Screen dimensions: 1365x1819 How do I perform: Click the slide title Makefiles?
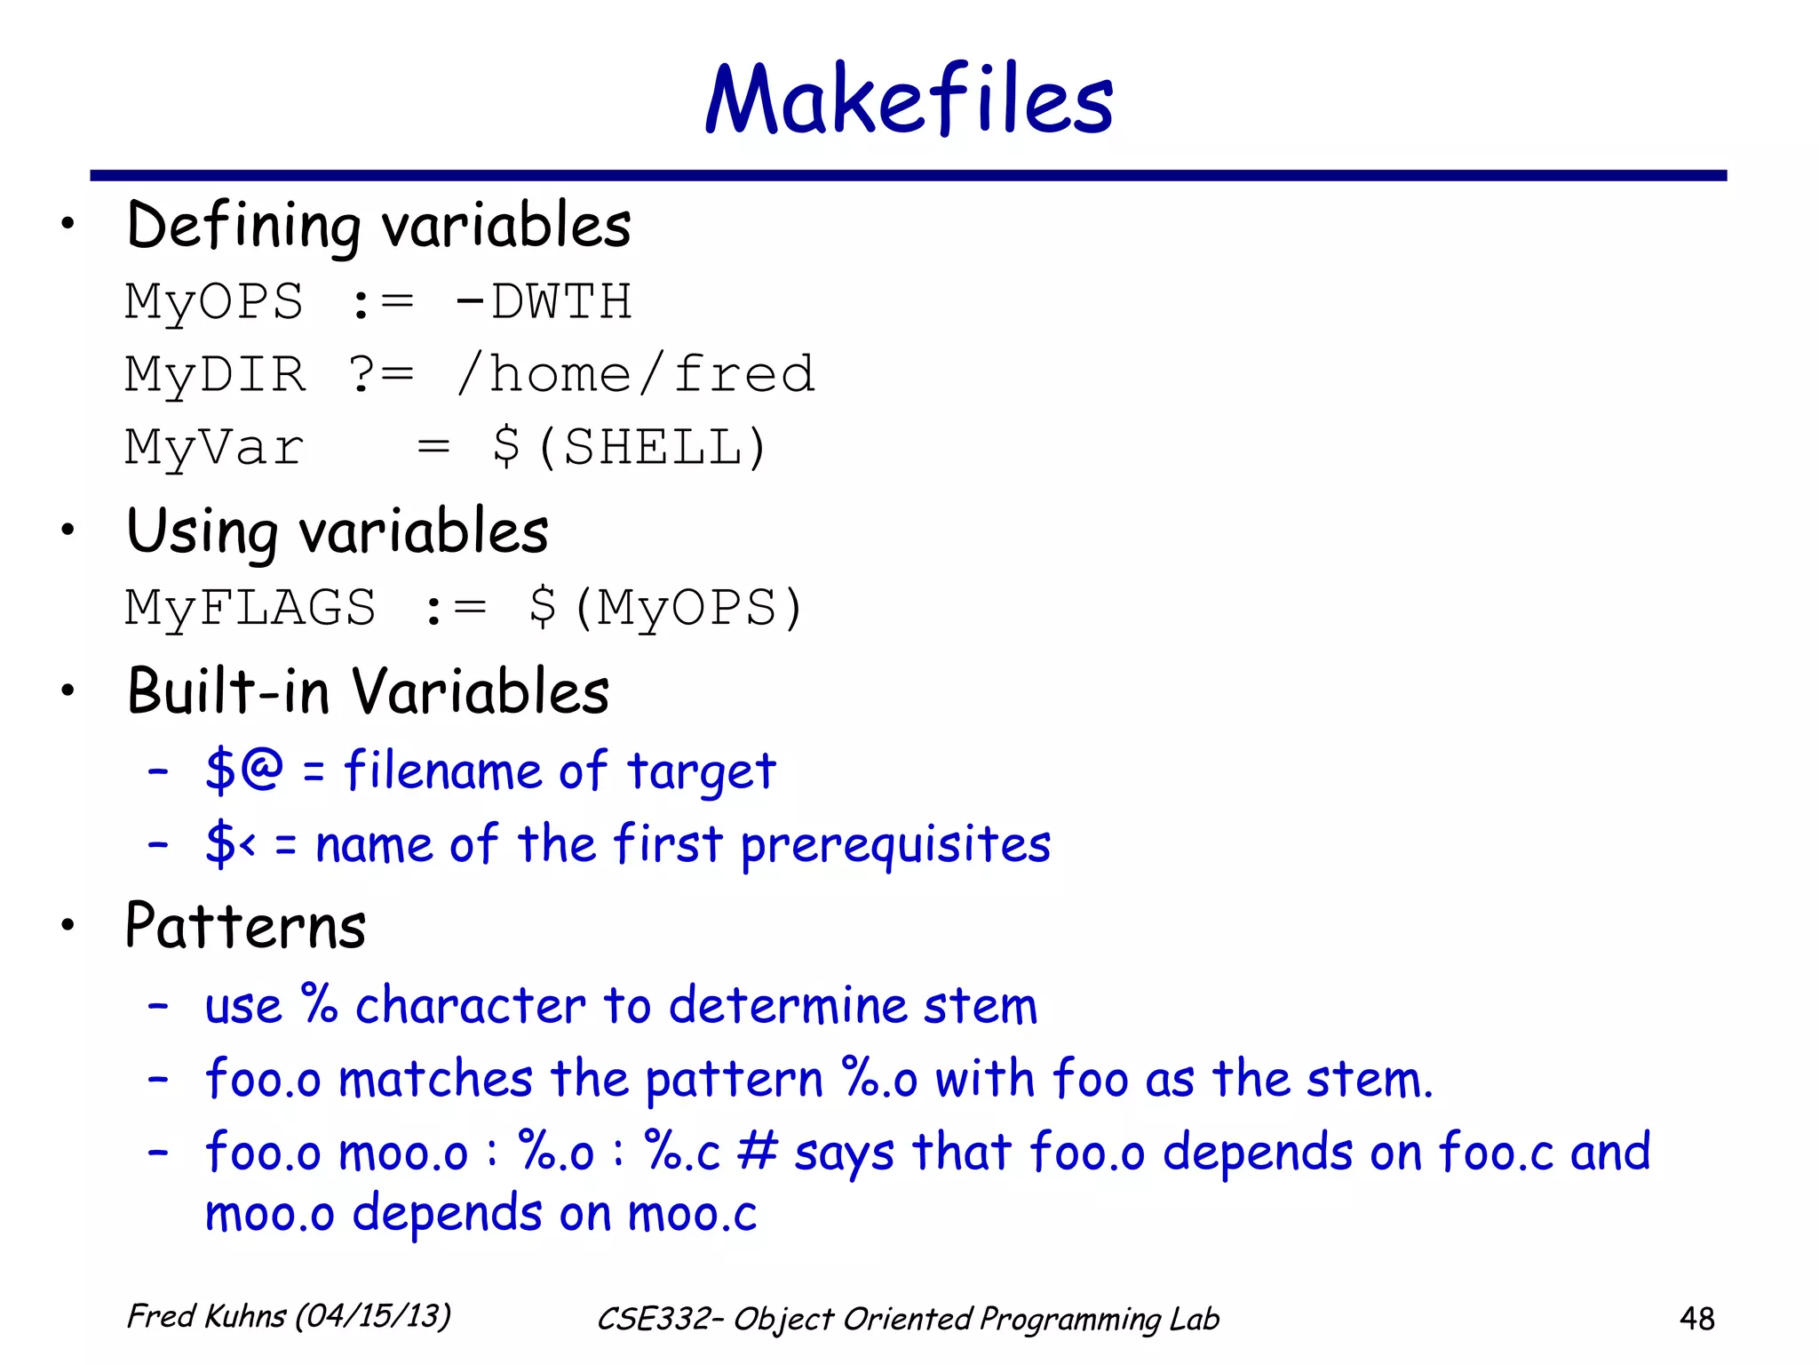tap(909, 100)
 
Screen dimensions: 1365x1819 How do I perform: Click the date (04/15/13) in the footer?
tap(373, 1316)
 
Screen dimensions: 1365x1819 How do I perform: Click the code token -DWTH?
tap(543, 302)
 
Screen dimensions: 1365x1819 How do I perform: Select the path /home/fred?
tap(635, 374)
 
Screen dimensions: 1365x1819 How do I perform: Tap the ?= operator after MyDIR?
tap(381, 374)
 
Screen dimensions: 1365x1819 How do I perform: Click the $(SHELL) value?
tap(630, 447)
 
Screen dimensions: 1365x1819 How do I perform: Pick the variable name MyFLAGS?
tap(250, 609)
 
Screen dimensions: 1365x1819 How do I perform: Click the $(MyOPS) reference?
tap(666, 609)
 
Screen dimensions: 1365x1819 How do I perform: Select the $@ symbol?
tap(243, 769)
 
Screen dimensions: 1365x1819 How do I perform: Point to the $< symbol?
tap(230, 843)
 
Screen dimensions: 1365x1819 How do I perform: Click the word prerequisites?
tap(895, 845)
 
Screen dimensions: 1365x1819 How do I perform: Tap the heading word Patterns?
tap(246, 926)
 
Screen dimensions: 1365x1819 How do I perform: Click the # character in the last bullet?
tap(758, 1152)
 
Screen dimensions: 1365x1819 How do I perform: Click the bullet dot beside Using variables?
tap(68, 531)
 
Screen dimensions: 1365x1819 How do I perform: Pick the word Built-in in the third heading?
tap(228, 691)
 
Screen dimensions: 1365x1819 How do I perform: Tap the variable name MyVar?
tap(214, 447)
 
